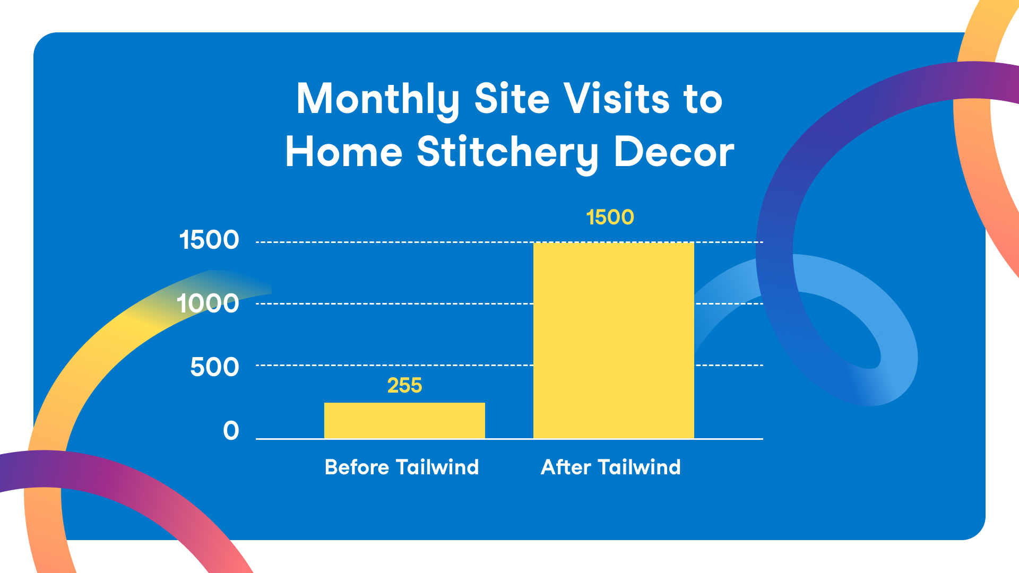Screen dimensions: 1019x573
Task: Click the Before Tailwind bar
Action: [404, 420]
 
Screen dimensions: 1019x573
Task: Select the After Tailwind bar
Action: [614, 340]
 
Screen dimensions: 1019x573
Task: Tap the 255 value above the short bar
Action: [404, 385]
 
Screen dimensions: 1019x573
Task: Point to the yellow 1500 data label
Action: [610, 217]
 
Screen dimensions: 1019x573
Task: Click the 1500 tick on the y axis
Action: [209, 240]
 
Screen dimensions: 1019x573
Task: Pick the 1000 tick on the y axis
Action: [208, 303]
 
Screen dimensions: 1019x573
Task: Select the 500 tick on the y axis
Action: [214, 367]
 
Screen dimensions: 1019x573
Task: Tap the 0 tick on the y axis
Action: [231, 430]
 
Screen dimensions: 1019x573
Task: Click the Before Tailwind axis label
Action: [402, 467]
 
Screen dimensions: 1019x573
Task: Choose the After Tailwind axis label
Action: [610, 467]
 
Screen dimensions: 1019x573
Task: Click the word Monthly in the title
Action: [378, 100]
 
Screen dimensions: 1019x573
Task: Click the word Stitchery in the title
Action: [508, 153]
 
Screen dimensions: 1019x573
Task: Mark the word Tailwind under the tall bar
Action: [639, 467]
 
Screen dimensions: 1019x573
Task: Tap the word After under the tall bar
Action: [566, 467]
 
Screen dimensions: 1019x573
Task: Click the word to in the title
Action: [703, 100]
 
